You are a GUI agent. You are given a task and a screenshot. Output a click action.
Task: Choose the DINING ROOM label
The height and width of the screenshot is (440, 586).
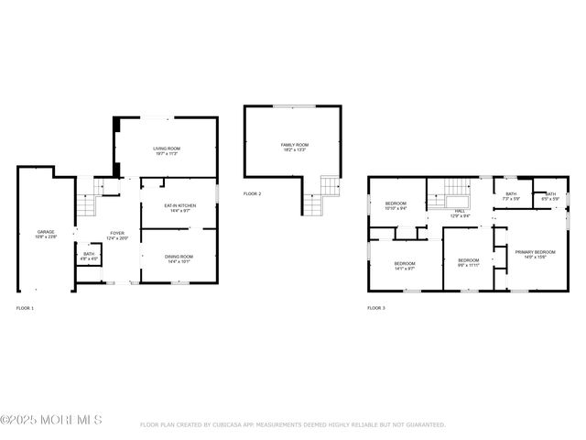click(179, 258)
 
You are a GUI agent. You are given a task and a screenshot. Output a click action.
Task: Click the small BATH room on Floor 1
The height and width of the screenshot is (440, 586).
click(89, 256)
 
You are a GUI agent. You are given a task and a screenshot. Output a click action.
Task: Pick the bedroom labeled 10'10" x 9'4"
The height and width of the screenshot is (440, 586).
click(396, 205)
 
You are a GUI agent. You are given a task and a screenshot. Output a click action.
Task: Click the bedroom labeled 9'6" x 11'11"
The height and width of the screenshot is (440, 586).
click(468, 263)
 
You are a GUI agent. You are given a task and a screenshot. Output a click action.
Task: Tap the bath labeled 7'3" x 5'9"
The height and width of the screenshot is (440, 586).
click(511, 196)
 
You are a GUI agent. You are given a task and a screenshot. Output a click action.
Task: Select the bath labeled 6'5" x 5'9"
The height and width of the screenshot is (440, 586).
click(549, 196)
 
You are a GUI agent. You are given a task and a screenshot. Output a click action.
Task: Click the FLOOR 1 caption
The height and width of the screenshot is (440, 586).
click(25, 308)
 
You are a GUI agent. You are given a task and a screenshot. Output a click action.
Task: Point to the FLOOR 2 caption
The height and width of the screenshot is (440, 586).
click(252, 194)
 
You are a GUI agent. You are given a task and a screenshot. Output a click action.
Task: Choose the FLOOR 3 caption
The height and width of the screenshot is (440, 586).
click(376, 308)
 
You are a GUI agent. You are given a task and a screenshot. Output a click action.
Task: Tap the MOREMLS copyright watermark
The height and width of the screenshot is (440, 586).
click(51, 420)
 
